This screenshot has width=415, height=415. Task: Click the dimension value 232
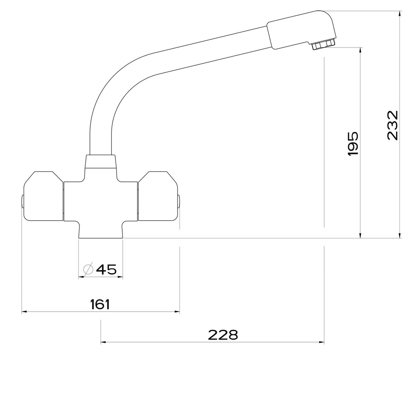coord(392,126)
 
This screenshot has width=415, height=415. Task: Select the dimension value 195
coord(353,144)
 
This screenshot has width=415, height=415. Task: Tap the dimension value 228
coord(223,335)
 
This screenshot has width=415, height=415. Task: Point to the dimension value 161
coord(100,304)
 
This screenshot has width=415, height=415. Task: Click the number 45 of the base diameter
coord(106,269)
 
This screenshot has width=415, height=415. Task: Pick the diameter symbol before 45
coord(88,269)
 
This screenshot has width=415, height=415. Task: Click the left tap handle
coord(43,196)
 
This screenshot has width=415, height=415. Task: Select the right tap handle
coord(158,196)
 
